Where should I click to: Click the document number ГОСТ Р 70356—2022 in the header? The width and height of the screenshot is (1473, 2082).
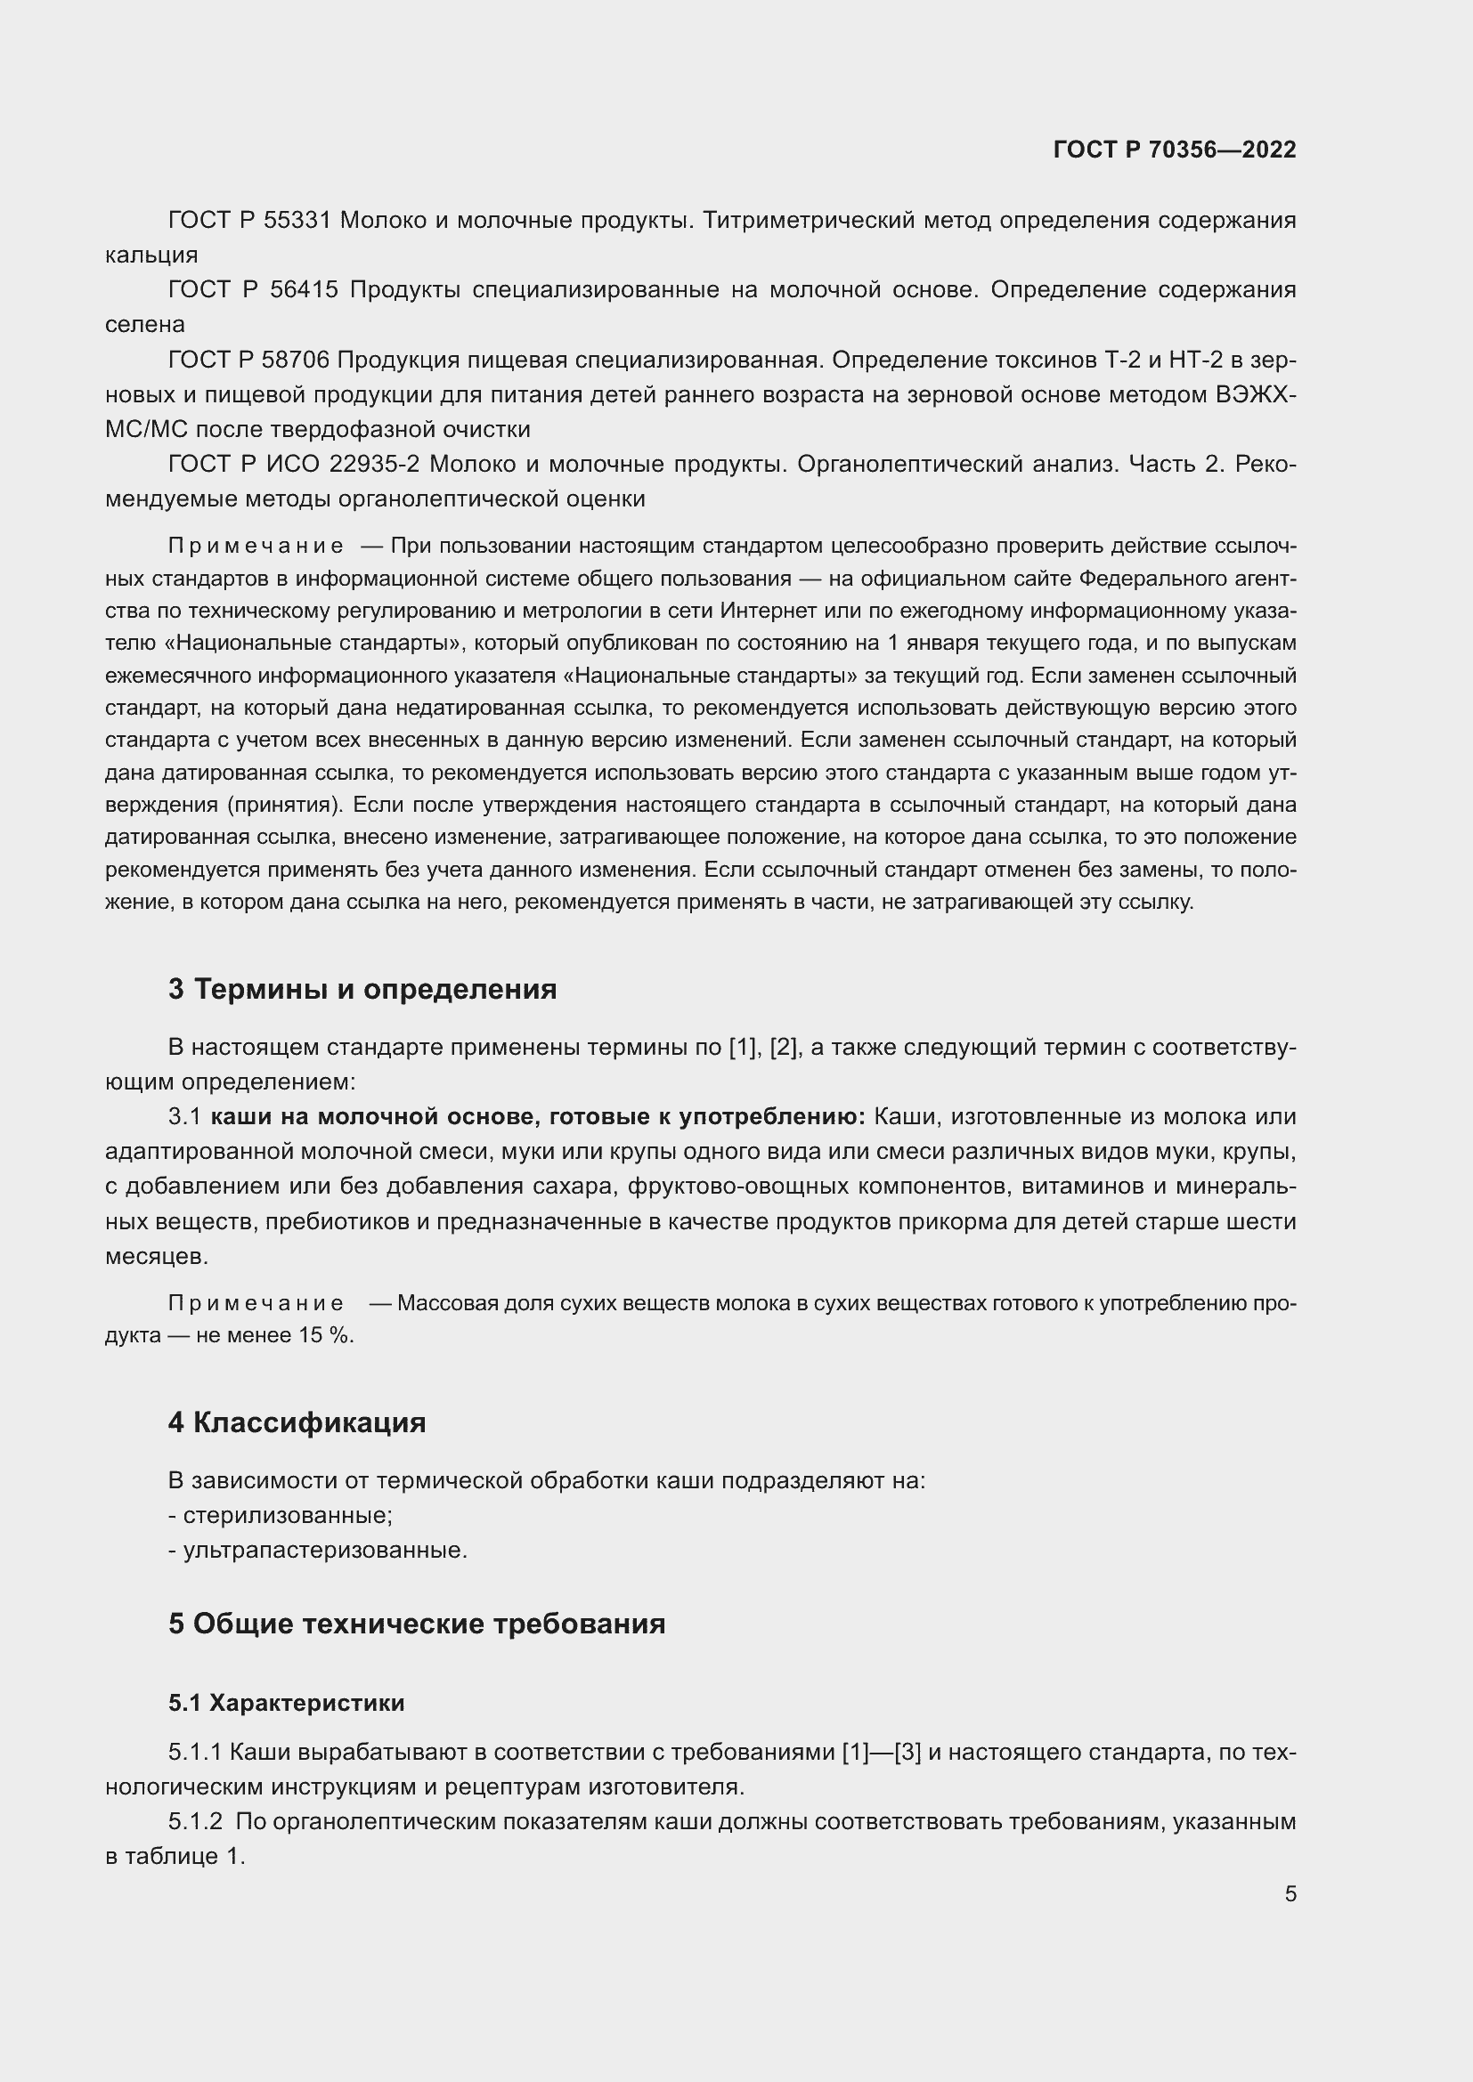(x=1175, y=150)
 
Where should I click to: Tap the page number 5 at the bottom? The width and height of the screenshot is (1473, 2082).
(x=1290, y=1893)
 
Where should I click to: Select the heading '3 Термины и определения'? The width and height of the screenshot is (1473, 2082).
(x=362, y=988)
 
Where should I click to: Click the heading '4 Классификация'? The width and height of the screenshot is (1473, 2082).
(x=297, y=1422)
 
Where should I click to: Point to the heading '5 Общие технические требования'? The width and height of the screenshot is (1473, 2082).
(x=416, y=1624)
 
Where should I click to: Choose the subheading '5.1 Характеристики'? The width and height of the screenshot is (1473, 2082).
(x=287, y=1703)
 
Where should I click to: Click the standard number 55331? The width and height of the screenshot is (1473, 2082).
(x=297, y=221)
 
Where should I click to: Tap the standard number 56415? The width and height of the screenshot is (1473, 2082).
(x=304, y=290)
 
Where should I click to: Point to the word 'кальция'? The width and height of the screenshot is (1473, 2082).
(x=151, y=255)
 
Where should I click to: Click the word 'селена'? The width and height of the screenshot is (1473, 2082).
(x=145, y=325)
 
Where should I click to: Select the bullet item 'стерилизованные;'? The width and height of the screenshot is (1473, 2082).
(x=288, y=1515)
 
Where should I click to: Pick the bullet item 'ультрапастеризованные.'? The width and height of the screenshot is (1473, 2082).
(x=325, y=1550)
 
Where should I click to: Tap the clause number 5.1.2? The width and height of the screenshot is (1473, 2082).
(x=195, y=1822)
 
